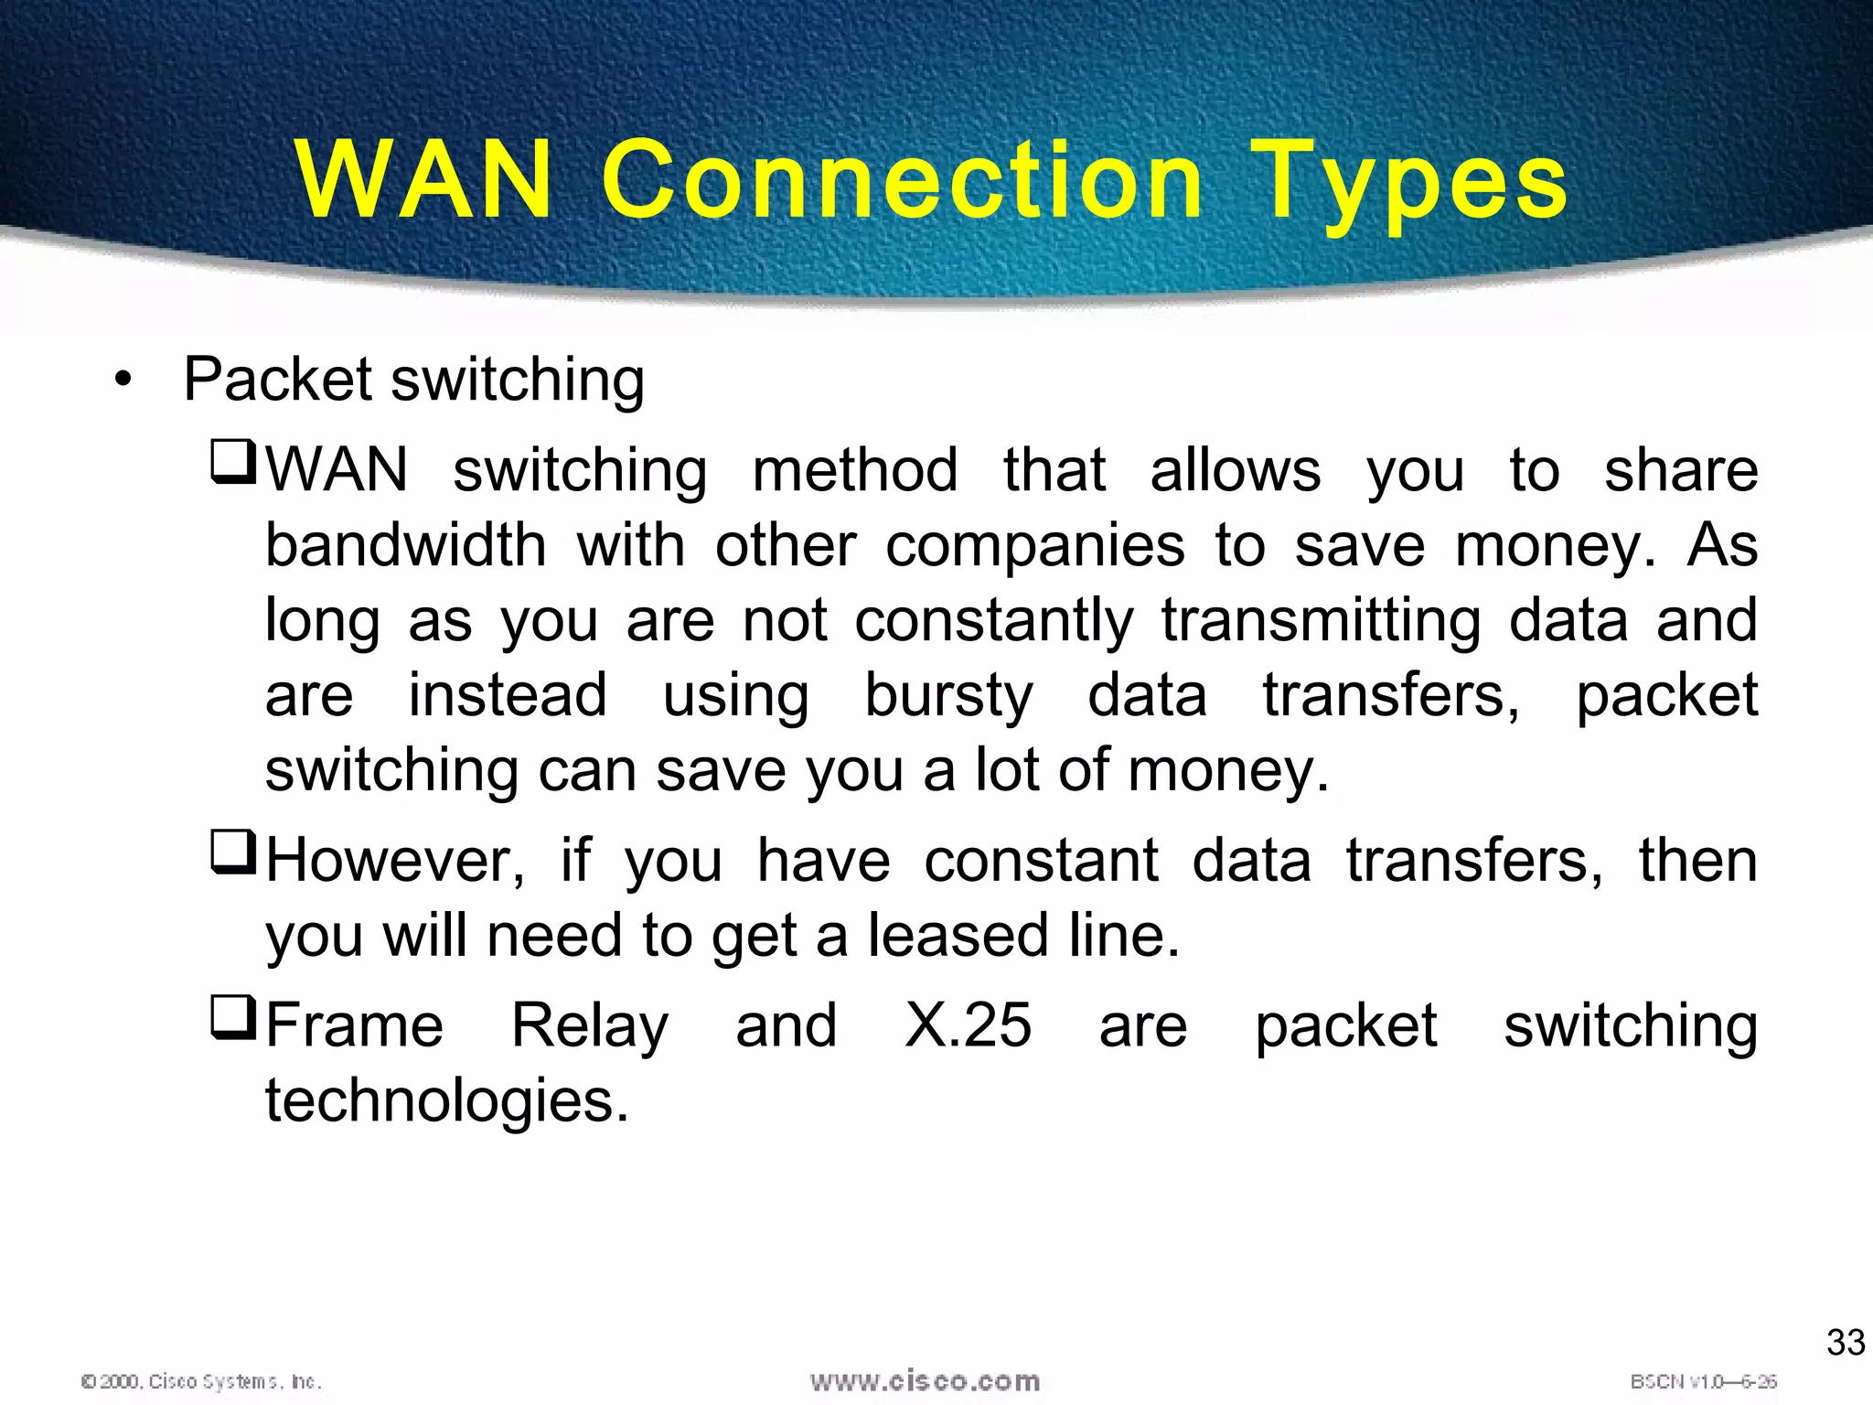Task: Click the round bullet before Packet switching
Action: [x=123, y=380]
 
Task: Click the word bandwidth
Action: [x=406, y=545]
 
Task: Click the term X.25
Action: [x=968, y=1025]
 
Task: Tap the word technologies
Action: [x=447, y=1101]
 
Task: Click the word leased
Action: [x=958, y=936]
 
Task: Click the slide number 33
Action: [x=1845, y=1343]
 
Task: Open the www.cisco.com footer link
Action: [x=925, y=1381]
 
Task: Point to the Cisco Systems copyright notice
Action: [x=201, y=1381]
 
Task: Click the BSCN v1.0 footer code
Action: [x=1703, y=1381]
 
